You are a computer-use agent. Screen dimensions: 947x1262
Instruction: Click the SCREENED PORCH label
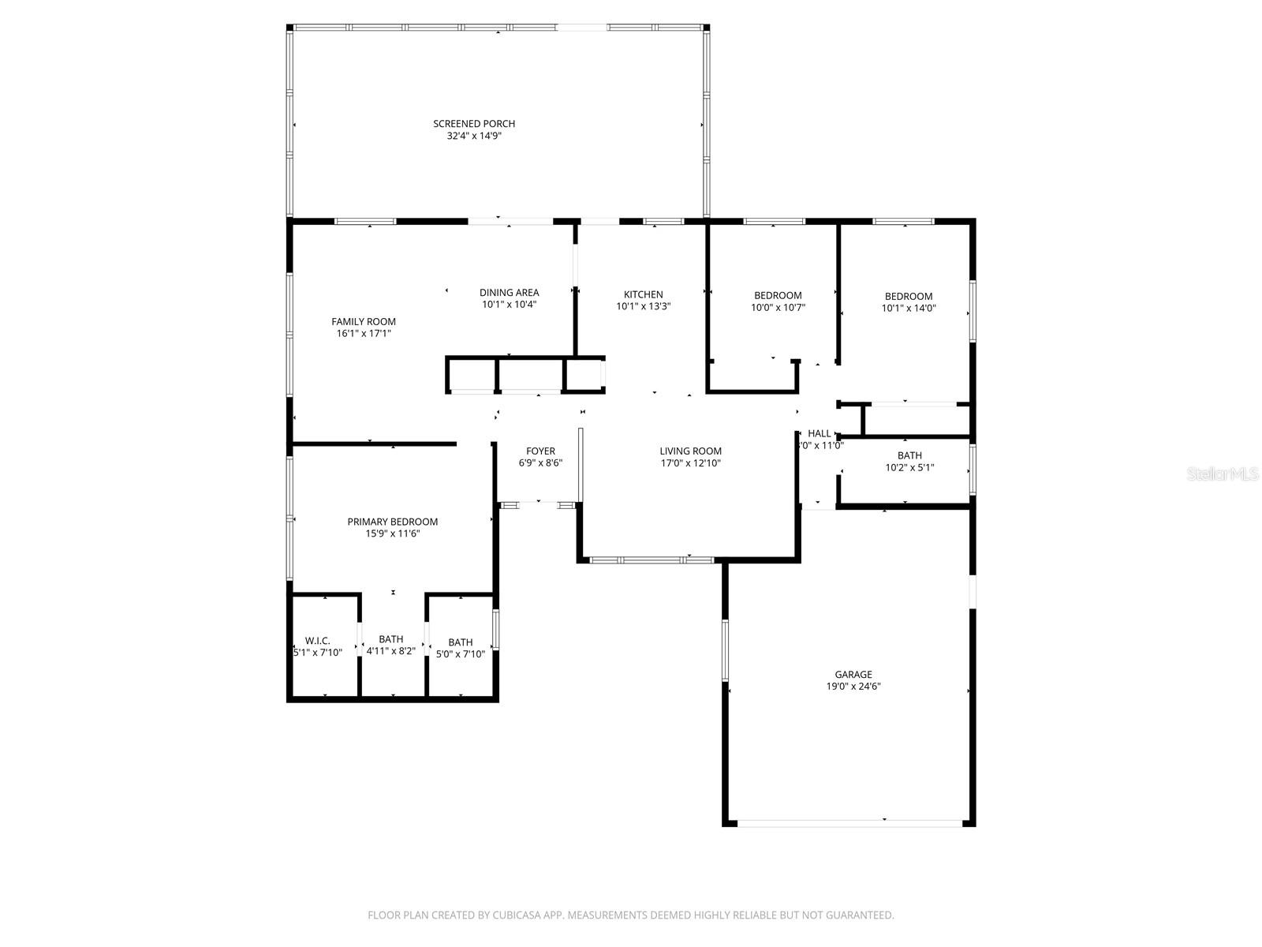474,124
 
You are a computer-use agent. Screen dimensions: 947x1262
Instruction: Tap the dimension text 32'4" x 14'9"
474,136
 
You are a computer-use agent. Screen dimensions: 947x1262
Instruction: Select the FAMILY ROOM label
364,321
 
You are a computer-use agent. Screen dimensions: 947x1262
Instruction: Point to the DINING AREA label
509,293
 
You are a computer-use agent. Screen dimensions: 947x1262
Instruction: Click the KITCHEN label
644,294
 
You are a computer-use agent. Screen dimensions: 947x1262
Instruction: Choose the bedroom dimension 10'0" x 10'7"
778,308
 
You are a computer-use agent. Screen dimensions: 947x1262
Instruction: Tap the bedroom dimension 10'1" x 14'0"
909,309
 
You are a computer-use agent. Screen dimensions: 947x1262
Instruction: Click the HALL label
820,433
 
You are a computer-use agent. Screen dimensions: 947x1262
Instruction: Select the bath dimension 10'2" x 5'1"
909,467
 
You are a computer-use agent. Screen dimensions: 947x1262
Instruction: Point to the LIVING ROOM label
691,451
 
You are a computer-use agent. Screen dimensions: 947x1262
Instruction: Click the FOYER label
540,451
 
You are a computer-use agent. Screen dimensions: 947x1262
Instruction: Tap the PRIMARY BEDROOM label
393,522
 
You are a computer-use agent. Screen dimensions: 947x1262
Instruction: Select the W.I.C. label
317,641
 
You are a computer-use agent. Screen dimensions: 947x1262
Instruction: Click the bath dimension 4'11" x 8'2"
390,652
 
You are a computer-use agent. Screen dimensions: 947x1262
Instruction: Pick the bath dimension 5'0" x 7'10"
461,653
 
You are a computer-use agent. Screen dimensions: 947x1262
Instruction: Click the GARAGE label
853,675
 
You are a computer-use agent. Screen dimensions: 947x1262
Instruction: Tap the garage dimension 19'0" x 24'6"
853,687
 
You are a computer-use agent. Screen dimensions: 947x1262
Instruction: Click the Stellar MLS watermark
1223,474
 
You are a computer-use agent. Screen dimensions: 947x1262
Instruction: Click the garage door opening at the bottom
849,823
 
